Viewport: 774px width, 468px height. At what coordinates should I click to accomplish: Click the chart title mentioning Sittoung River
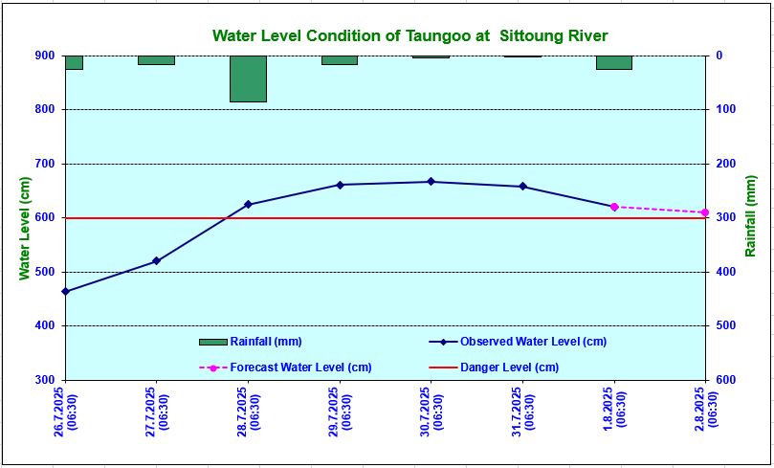coord(409,36)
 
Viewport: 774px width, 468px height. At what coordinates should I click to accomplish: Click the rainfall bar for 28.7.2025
coord(248,78)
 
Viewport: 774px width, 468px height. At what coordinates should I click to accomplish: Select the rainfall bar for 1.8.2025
coord(613,62)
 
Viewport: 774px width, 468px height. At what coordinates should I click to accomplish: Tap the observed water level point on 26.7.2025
coord(65,291)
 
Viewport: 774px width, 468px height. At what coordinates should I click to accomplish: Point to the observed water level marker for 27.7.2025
coord(156,261)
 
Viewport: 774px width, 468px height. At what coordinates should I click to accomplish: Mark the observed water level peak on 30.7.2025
coord(431,181)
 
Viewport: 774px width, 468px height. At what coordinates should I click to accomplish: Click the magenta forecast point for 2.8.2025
coord(704,212)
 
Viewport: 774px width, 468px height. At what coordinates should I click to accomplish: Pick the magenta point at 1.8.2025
coord(613,207)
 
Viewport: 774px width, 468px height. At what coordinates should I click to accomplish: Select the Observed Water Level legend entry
coord(532,342)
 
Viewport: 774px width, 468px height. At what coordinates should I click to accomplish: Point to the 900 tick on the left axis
coord(45,56)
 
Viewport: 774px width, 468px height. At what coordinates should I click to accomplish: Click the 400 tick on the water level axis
coord(45,326)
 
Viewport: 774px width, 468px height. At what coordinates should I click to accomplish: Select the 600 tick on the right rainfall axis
coord(725,380)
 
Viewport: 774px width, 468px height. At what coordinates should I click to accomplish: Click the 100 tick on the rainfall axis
coord(725,110)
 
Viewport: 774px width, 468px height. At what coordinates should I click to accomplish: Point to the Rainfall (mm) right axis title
coord(751,218)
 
